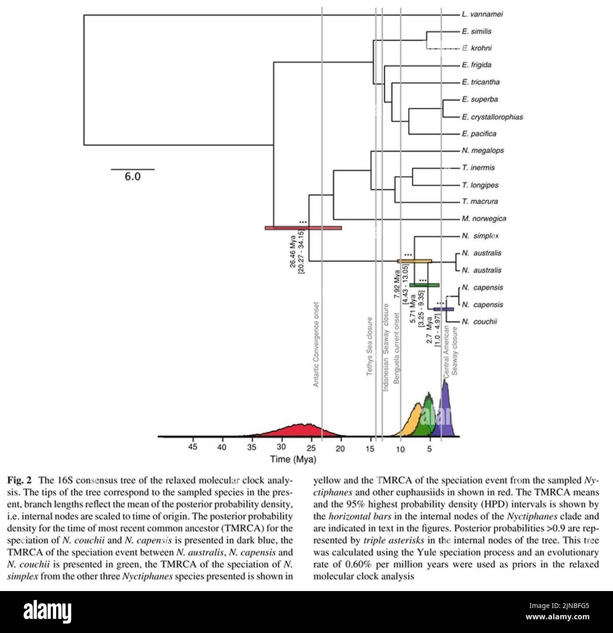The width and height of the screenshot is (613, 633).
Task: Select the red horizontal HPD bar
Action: tap(303, 228)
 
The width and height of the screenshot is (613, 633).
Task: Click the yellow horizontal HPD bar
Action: tap(414, 261)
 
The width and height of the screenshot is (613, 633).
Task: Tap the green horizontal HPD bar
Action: tap(424, 285)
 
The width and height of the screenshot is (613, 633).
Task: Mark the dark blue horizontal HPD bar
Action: tap(444, 309)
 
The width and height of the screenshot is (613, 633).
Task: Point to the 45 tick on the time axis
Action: tap(192, 448)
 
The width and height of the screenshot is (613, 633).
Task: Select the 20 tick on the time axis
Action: tap(340, 448)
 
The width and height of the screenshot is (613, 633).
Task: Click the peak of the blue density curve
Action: tap(445, 381)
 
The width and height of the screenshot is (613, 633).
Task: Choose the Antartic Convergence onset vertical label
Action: tap(316, 345)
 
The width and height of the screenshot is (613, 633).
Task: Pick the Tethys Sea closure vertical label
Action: tap(370, 346)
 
